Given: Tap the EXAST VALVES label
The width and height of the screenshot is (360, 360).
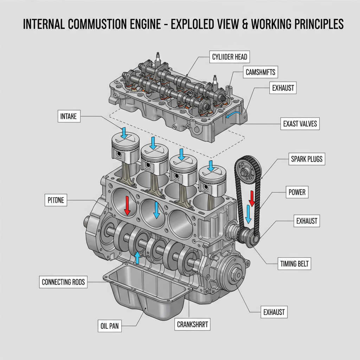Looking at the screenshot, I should [300, 123].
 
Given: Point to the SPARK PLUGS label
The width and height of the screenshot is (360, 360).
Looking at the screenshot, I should [307, 159].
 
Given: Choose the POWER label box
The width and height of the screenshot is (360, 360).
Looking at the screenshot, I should [297, 192].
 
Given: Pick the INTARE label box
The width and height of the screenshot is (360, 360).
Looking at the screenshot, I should [68, 116].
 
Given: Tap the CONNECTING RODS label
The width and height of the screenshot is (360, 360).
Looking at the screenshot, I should [63, 282].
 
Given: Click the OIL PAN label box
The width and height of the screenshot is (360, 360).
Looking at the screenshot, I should [108, 326].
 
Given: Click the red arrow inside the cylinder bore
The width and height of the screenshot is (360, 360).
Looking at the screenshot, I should [127, 206].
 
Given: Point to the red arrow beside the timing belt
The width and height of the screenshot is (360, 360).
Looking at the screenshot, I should [252, 198].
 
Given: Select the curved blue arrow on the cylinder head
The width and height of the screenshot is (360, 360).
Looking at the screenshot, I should [233, 114].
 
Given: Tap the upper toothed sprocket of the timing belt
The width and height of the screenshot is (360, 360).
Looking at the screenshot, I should [247, 168].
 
